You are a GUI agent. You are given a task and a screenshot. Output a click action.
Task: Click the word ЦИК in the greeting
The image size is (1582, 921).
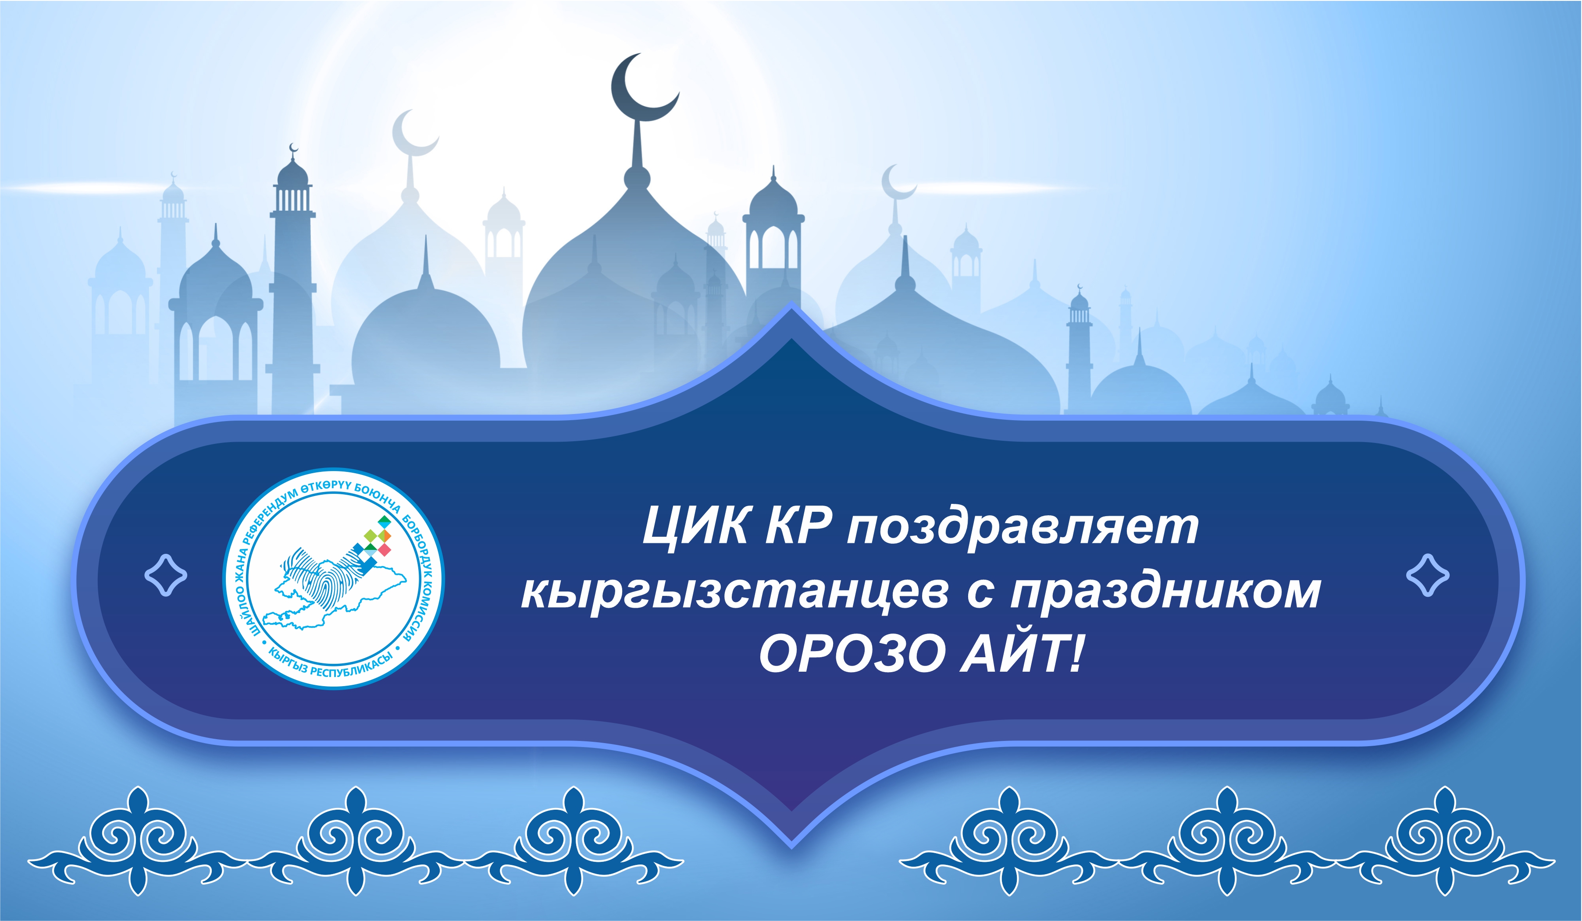pyautogui.click(x=695, y=526)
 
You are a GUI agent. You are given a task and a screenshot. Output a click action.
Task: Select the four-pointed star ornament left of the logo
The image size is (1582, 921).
pyautogui.click(x=166, y=575)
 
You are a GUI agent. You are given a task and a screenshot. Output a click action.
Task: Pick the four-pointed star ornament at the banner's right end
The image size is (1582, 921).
pyautogui.click(x=1428, y=575)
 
